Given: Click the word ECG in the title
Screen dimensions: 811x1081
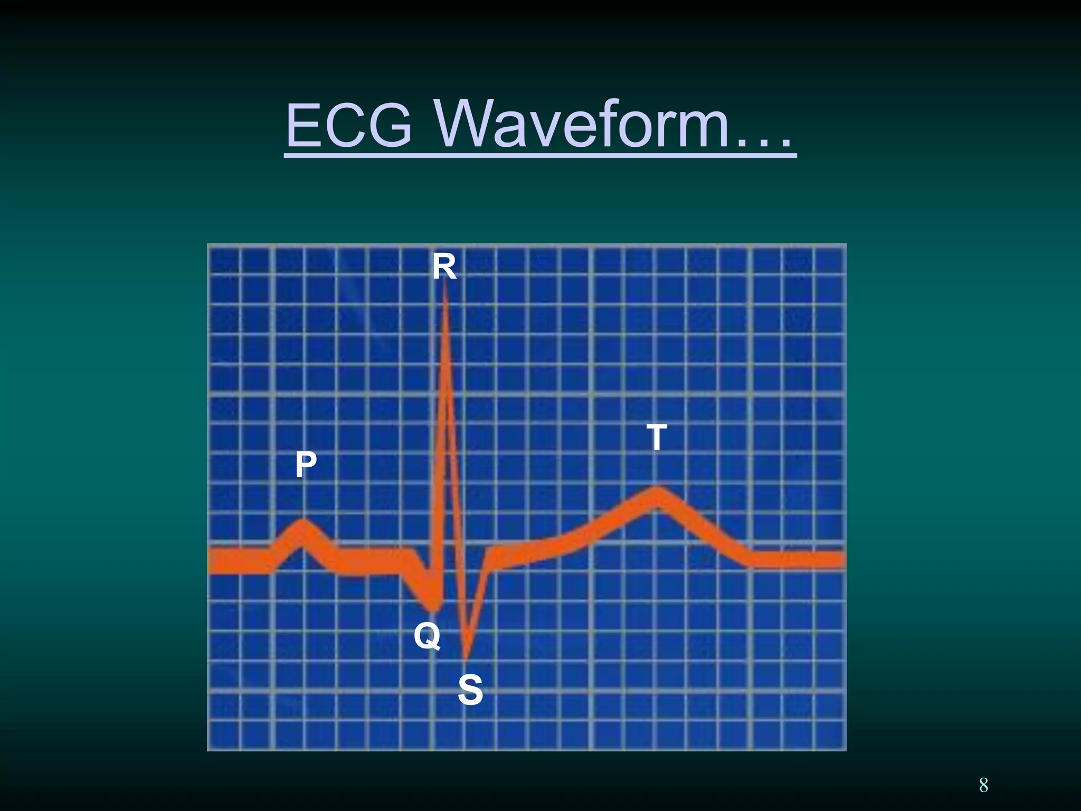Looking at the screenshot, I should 348,127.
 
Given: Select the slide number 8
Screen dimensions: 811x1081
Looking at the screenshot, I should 983,785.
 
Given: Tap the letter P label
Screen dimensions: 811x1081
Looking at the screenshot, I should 306,465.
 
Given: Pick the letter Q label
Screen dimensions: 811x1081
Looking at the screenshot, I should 426,636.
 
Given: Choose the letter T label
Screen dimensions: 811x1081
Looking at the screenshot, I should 657,437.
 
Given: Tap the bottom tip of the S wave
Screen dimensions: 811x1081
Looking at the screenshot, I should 466,657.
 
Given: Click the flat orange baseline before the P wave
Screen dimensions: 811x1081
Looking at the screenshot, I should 240,561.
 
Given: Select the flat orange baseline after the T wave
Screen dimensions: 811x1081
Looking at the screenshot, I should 797,560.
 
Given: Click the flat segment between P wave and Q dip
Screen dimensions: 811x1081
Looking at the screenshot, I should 369,562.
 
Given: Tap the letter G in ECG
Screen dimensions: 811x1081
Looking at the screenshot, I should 388,127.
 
